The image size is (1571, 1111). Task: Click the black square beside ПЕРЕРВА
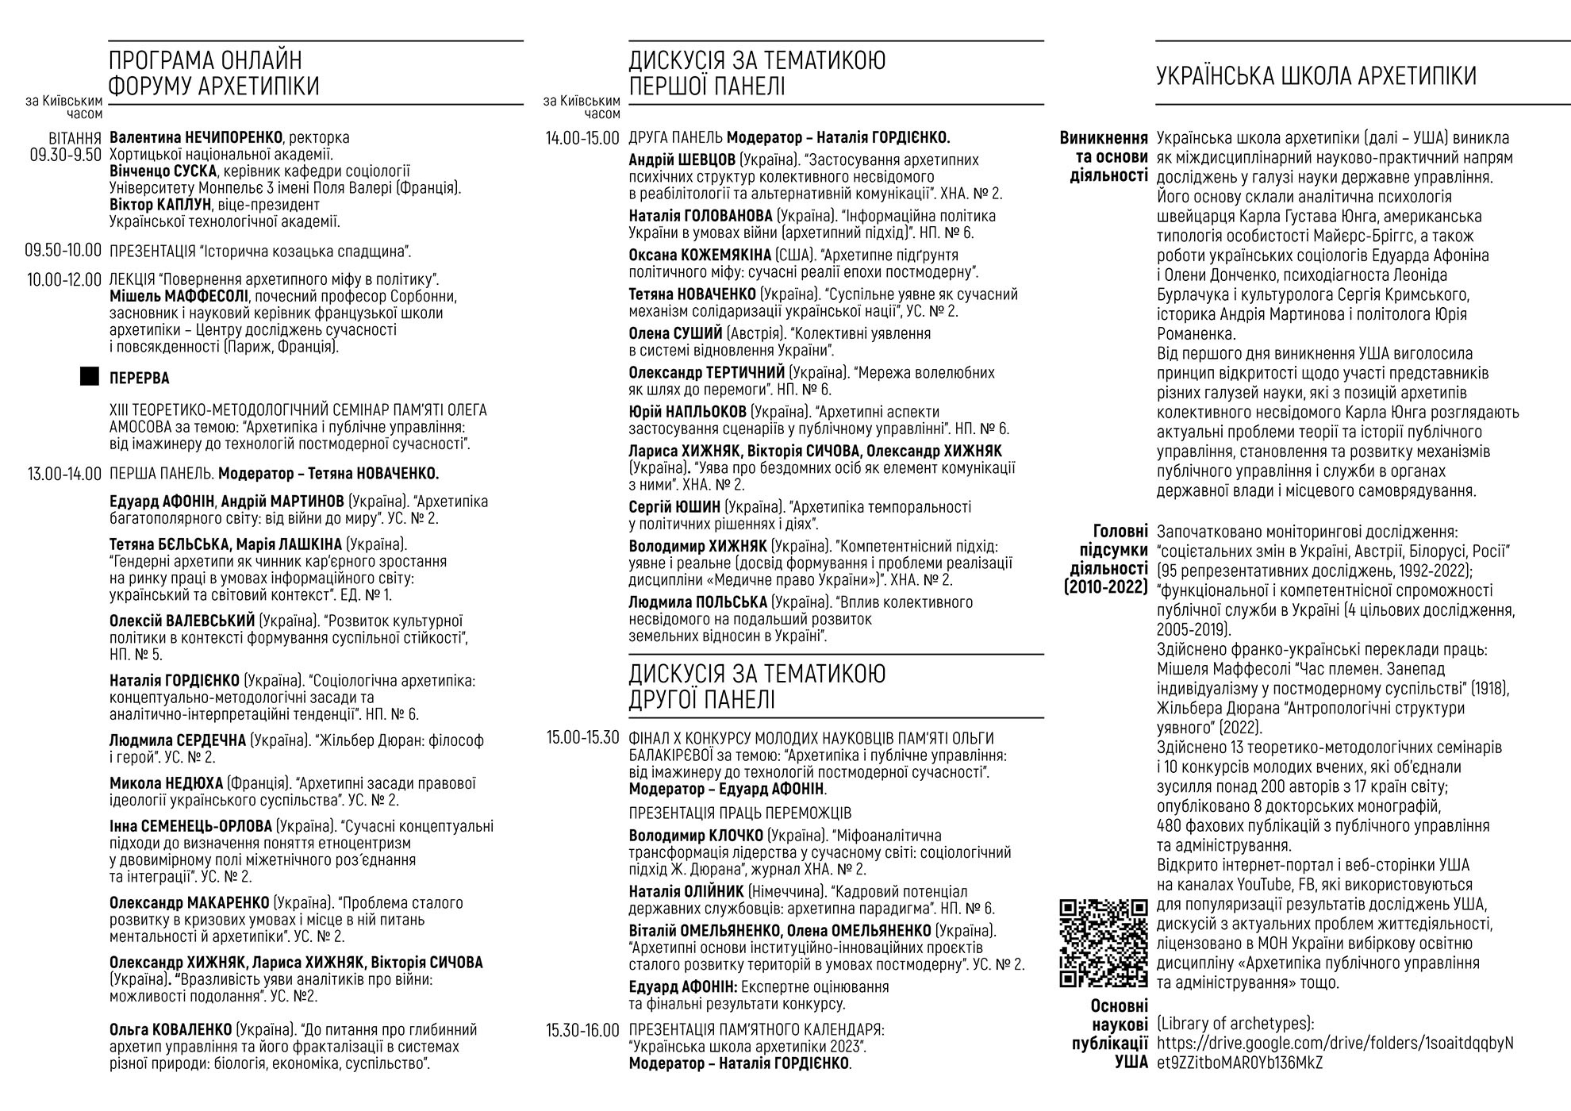(90, 377)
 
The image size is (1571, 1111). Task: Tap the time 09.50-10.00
(63, 252)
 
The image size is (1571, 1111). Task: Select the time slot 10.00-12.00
(63, 279)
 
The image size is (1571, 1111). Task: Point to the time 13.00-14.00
(63, 474)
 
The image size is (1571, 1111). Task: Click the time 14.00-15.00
(582, 138)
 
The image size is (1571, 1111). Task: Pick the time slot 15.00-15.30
(582, 737)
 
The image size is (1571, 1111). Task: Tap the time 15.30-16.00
(582, 1031)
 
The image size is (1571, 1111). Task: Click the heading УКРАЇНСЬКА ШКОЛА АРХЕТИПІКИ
(1316, 76)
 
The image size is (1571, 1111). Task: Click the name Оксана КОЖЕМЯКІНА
(700, 255)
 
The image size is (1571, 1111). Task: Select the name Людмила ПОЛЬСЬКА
(697, 602)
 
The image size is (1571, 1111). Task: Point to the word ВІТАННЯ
(75, 137)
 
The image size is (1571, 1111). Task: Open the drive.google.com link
(1335, 1053)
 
